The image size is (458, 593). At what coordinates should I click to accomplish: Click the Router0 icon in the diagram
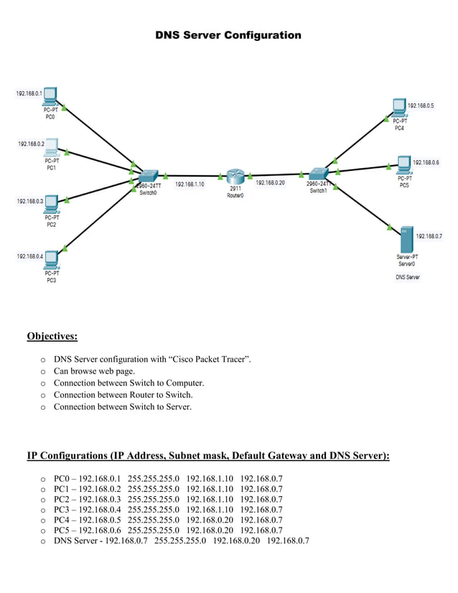point(235,176)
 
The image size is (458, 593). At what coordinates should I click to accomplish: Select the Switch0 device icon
point(149,176)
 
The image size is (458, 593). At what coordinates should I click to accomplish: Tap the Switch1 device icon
point(317,173)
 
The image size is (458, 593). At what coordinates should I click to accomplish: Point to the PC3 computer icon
point(51,259)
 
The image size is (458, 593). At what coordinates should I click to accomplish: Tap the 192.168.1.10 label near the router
point(190,185)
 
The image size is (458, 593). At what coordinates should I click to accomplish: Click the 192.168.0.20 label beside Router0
point(270,182)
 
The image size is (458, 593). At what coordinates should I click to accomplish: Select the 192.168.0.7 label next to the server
point(429,236)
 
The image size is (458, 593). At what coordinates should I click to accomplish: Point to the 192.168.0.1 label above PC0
point(29,93)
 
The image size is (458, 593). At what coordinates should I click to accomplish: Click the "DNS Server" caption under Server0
point(407,277)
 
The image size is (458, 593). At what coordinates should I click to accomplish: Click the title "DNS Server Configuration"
point(228,35)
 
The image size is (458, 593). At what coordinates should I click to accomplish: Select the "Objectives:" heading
point(52,336)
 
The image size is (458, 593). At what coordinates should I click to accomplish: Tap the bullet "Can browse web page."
point(104,371)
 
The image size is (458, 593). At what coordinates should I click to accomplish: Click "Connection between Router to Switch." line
point(123,395)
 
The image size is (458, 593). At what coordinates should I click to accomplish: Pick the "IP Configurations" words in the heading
point(67,456)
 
